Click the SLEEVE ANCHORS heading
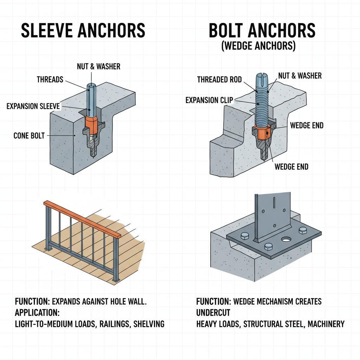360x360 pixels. pos(83,31)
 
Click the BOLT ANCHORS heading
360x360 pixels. pos(262,31)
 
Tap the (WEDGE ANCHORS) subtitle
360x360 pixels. pos(258,46)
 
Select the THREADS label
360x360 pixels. pos(50,79)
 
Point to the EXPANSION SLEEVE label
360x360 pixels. pos(33,106)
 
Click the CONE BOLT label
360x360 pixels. pos(29,135)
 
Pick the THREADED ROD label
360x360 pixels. pos(219,79)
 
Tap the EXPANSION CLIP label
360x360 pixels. pos(209,101)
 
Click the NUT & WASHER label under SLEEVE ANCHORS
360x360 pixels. pos(98,66)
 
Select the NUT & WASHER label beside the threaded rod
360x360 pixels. pos(300,75)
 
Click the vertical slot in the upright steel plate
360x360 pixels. pos(272,207)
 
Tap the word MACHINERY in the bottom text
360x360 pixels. pos(326,324)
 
